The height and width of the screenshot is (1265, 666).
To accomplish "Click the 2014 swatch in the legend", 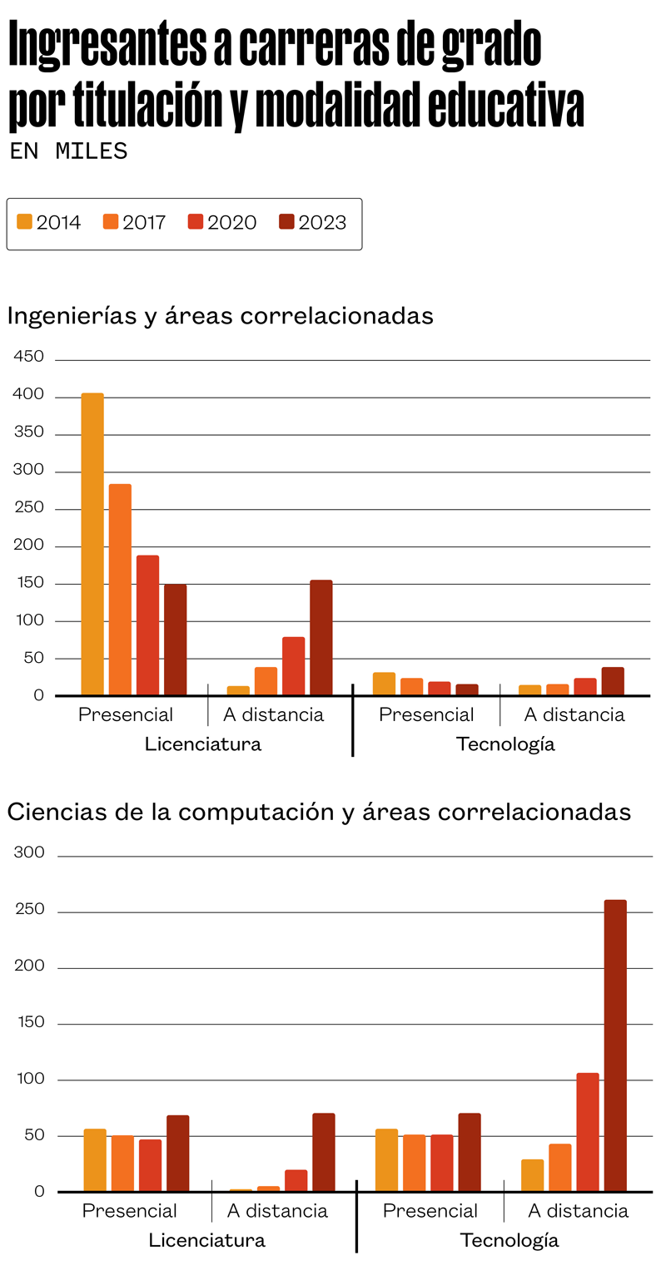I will click(x=24, y=222).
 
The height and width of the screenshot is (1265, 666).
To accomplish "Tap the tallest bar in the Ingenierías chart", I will click(x=92, y=544).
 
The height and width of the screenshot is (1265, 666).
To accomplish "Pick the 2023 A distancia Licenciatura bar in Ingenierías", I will click(x=321, y=637).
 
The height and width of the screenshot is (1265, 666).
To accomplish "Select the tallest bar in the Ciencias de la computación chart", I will click(x=615, y=1045).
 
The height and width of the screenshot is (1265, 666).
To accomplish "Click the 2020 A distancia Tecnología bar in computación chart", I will click(x=588, y=1132).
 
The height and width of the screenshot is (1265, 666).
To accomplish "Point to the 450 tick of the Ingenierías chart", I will click(x=28, y=357).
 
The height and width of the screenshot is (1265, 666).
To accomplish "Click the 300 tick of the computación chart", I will click(x=28, y=852).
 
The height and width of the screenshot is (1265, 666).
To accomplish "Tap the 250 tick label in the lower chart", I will click(x=28, y=910).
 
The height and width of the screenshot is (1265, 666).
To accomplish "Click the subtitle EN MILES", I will click(x=68, y=151).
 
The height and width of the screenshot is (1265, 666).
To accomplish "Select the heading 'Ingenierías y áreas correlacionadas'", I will click(x=220, y=316).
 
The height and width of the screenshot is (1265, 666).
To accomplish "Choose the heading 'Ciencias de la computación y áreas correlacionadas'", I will click(x=319, y=812).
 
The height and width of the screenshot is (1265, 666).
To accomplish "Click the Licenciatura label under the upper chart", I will click(x=203, y=744).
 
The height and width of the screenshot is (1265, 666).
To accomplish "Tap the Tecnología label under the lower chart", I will click(x=509, y=1240).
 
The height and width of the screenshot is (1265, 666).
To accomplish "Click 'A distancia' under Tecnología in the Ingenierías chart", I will click(x=574, y=714).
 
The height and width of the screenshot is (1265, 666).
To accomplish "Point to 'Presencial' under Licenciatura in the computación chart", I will click(x=130, y=1210).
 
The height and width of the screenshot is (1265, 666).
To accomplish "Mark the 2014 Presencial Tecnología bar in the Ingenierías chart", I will click(x=384, y=684).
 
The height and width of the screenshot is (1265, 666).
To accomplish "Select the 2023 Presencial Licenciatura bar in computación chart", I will click(x=178, y=1153).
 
